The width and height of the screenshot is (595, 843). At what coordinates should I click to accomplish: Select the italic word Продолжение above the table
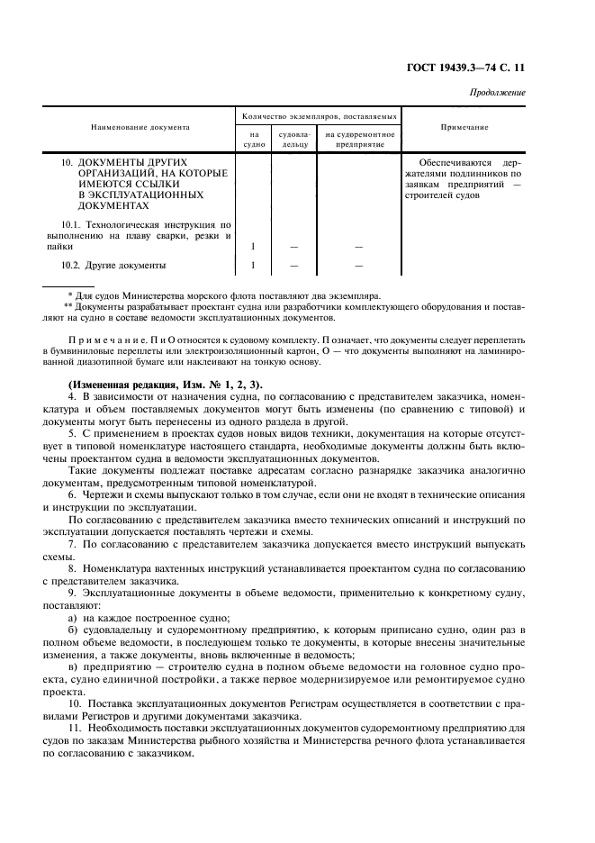(498, 93)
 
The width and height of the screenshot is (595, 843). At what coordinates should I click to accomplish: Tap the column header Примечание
(464, 128)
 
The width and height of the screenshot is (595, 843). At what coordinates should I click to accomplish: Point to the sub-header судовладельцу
(294, 139)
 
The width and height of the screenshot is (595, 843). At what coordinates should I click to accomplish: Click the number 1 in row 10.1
(254, 246)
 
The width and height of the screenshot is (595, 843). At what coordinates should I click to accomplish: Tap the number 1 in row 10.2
(254, 266)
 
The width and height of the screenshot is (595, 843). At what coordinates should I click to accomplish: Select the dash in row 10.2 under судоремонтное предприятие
(359, 266)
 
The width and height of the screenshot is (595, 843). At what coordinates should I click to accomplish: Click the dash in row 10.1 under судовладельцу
(294, 246)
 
